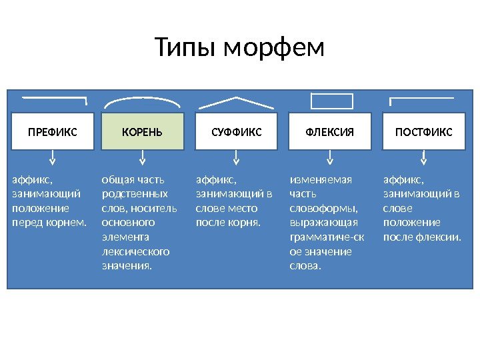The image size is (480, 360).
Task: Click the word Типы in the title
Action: (186, 49)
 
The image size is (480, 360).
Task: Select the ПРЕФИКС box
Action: (52, 132)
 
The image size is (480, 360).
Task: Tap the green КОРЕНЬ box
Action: (142, 132)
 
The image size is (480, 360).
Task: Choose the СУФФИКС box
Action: (236, 132)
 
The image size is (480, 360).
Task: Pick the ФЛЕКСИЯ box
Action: (329, 132)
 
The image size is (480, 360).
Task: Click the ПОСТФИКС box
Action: (423, 132)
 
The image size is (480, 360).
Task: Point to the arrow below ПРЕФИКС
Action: (52, 159)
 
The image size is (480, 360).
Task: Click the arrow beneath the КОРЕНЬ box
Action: (142, 159)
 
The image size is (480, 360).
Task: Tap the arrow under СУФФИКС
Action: (236, 159)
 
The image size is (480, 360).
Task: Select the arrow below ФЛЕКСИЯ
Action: (329, 159)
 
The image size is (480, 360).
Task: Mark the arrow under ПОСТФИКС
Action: (423, 159)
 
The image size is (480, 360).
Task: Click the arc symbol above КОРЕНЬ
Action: (142, 99)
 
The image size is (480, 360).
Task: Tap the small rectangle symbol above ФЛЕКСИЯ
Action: (331, 101)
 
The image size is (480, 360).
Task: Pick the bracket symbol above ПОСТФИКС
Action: (423, 99)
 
